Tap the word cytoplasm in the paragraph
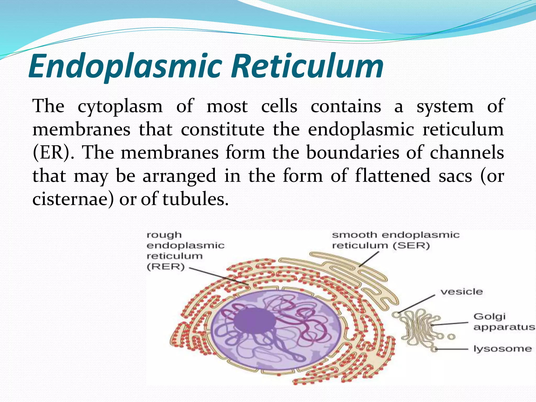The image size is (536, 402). tap(120, 107)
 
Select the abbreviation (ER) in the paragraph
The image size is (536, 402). tap(52, 153)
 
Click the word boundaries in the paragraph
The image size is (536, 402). tap(353, 153)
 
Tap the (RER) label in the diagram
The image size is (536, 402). tap(166, 267)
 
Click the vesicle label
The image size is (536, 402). tap(461, 292)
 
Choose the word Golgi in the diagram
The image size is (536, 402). tap(489, 317)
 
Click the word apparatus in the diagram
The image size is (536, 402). tap(504, 327)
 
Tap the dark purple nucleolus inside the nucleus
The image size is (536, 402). tap(254, 321)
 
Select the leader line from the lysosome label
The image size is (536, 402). tap(451, 349)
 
